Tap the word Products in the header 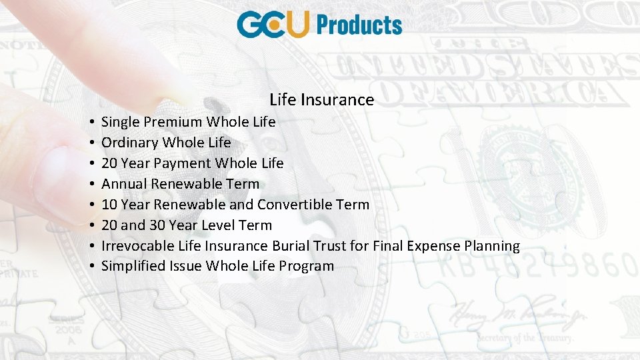click(359, 25)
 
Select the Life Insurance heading click(321, 100)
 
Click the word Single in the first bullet click(119, 122)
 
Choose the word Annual click(124, 184)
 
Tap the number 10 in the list click(109, 205)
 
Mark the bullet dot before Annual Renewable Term click(89, 185)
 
